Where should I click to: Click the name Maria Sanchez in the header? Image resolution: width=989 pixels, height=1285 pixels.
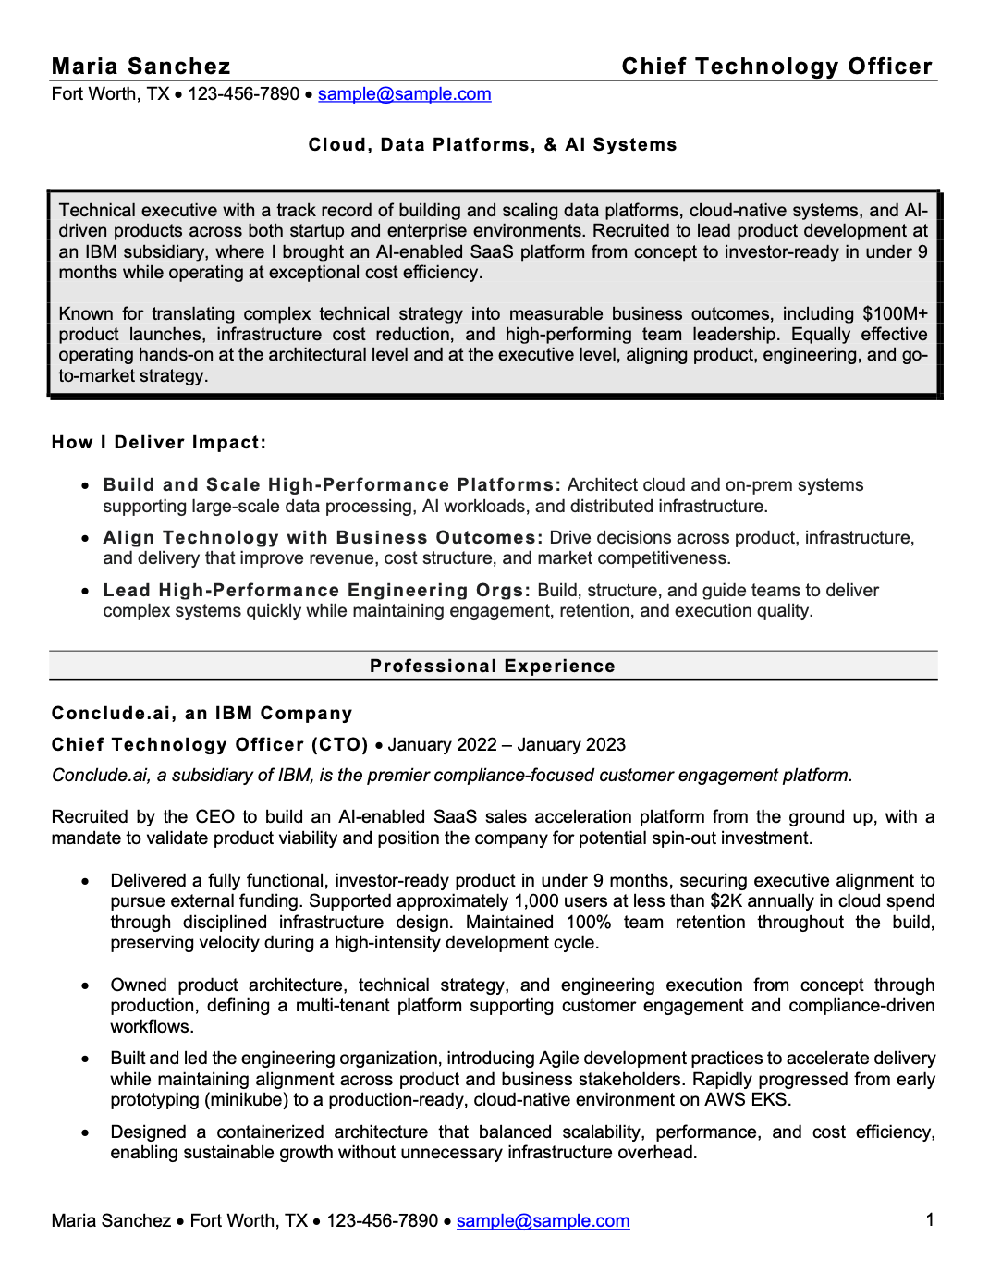140,67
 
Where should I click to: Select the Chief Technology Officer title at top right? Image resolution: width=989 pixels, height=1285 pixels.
776,67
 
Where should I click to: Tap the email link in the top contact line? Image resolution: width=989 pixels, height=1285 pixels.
404,94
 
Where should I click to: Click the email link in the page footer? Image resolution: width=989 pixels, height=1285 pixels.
543,1221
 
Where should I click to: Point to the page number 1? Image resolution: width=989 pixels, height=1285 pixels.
930,1220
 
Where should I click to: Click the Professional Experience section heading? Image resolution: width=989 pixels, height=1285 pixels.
493,667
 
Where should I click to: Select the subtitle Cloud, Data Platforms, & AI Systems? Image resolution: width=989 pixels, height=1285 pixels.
493,145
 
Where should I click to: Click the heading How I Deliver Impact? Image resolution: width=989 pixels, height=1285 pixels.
159,443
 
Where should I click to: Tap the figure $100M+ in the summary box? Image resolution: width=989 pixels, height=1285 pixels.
895,314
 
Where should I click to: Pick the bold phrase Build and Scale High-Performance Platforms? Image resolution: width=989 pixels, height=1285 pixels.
332,485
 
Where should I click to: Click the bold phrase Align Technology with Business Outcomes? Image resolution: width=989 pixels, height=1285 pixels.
323,538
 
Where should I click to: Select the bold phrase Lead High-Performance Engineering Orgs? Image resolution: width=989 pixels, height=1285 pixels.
317,591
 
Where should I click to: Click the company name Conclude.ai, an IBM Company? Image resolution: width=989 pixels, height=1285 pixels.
202,714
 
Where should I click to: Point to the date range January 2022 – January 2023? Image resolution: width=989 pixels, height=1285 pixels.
507,745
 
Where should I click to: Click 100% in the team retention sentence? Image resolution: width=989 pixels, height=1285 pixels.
588,923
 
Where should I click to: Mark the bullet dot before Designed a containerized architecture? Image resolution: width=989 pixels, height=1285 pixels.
86,1133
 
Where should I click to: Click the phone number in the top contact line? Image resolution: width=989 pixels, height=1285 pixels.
244,94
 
